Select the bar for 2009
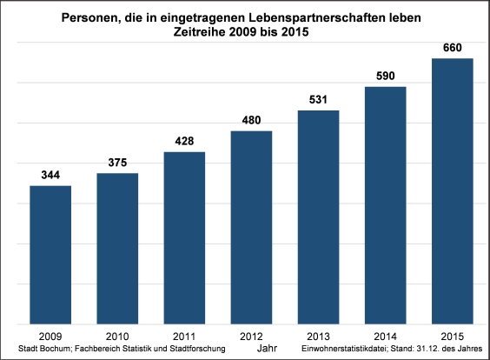coord(50,254)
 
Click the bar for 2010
coord(117,248)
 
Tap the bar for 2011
coord(184,237)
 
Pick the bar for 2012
coord(251,226)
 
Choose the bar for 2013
coord(318,217)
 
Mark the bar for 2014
coord(385,204)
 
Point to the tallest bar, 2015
coord(452,190)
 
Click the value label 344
coord(50,176)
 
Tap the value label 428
coord(184,142)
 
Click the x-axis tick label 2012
coord(251,334)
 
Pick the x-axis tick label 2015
coord(452,334)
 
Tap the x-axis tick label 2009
coord(50,334)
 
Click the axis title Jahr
coord(266,348)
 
